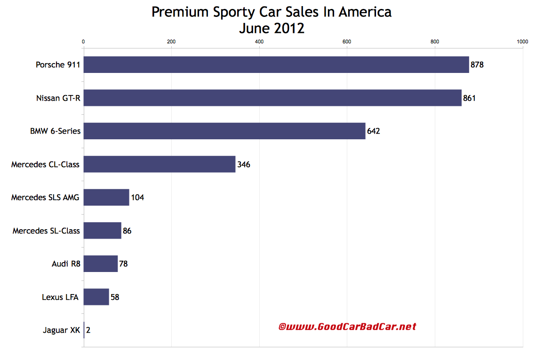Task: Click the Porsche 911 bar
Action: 276,64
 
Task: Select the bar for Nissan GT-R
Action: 272,98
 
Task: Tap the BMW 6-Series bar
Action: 224,131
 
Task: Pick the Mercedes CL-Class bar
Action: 160,164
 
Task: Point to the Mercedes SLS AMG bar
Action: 106,197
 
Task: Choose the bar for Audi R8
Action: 101,264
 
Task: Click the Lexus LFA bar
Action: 96,297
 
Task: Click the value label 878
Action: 477,65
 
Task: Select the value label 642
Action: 373,131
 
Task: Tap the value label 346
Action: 244,165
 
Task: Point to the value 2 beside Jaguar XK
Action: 88,330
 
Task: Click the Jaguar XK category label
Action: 61,330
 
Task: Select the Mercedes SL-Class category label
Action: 46,231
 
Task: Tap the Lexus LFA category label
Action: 60,297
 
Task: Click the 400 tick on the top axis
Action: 259,42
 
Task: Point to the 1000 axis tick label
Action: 522,42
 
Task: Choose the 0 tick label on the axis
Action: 83,42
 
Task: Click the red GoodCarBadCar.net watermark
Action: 347,326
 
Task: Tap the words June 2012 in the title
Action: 272,28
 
